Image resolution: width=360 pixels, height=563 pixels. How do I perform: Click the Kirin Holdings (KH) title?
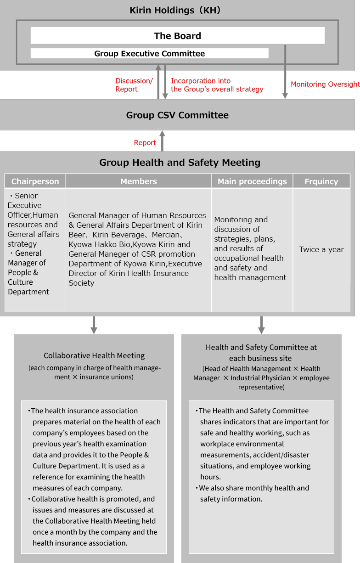point(175,10)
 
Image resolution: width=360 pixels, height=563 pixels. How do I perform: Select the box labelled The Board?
point(177,36)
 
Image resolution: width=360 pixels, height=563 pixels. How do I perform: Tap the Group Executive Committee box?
point(150,54)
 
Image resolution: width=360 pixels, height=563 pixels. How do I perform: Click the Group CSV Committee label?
point(177,115)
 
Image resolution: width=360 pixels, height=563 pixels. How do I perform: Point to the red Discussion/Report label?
point(133,85)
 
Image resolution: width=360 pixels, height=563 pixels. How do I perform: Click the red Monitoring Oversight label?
point(325,84)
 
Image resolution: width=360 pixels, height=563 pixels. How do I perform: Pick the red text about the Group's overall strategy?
point(217,85)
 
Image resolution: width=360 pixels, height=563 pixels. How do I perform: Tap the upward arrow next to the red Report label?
point(162,141)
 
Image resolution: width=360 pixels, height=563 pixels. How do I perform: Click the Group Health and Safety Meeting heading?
point(180,163)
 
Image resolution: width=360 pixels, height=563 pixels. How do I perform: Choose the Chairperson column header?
point(35,181)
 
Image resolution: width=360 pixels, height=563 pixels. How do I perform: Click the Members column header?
point(139,181)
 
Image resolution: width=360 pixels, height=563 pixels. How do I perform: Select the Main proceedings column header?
point(252,181)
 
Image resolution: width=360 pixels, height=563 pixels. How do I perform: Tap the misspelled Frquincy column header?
point(321,181)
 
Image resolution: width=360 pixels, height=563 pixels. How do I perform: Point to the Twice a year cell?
point(321,250)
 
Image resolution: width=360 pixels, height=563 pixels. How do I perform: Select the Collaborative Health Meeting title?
point(94,355)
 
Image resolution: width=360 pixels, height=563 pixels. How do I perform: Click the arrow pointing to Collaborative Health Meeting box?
point(94,324)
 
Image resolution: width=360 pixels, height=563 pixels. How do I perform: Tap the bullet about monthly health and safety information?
point(254,493)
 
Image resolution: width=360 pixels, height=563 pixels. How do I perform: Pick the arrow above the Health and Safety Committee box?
point(261,324)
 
